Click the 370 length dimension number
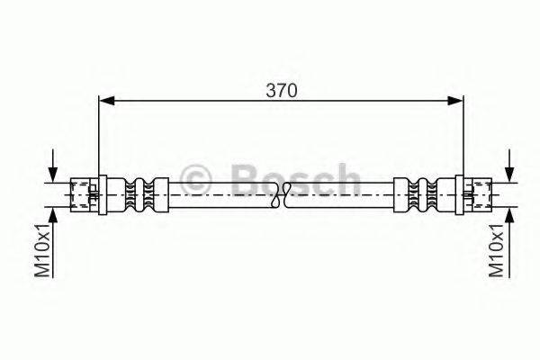pos(281,91)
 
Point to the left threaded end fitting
pos(86,192)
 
